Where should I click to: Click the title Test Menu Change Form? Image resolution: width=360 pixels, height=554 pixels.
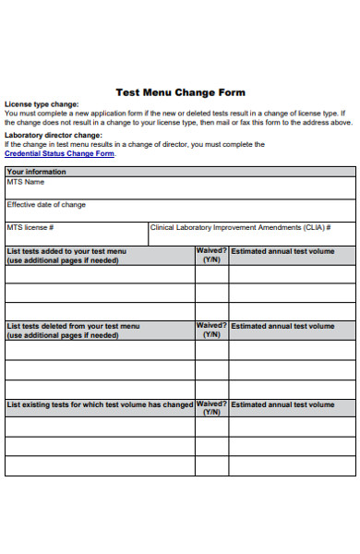pyautogui.click(x=180, y=92)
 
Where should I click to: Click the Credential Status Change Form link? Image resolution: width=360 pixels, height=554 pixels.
pyautogui.click(x=60, y=153)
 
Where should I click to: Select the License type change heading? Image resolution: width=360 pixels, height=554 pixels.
pyautogui.click(x=42, y=104)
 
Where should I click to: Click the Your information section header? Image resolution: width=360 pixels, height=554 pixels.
pyautogui.click(x=37, y=172)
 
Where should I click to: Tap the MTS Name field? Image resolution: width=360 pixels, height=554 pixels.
pyautogui.click(x=180, y=187)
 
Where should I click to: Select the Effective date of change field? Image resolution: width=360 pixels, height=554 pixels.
pyautogui.click(x=180, y=210)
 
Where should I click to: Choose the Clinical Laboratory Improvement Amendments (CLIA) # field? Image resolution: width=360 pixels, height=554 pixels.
pyautogui.click(x=251, y=233)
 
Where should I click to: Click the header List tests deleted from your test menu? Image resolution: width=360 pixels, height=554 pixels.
pyautogui.click(x=74, y=326)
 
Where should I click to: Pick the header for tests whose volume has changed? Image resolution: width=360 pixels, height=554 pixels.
pyautogui.click(x=100, y=404)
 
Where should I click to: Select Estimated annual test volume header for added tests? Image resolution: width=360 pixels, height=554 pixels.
pyautogui.click(x=282, y=250)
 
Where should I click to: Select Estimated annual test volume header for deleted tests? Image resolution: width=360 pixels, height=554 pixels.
pyautogui.click(x=282, y=326)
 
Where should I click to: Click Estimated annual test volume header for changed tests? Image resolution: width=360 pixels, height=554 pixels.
pyautogui.click(x=282, y=404)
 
